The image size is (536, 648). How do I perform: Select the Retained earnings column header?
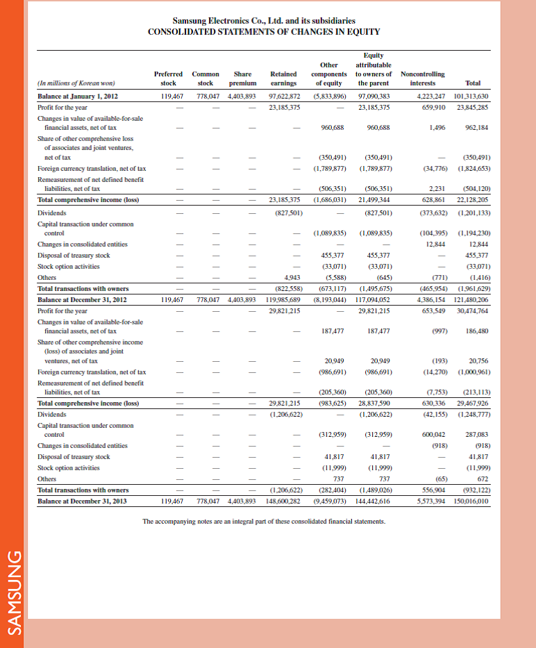pos(283,77)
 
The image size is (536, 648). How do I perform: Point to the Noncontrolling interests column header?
pos(423,77)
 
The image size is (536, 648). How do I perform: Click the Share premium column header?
pos(242,77)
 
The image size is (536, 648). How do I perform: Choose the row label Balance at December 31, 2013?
pos(81,500)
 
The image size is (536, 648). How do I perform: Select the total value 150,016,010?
pos(471,500)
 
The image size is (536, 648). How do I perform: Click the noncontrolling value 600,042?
pos(432,434)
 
